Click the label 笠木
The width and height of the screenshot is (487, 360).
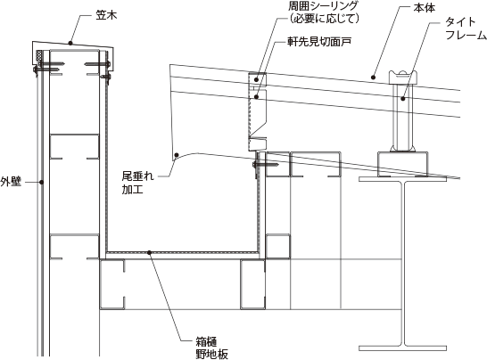pyautogui.click(x=106, y=15)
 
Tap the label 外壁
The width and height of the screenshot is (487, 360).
pyautogui.click(x=11, y=182)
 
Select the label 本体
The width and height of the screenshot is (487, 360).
pyautogui.click(x=424, y=8)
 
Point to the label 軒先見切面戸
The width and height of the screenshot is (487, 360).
pyautogui.click(x=319, y=42)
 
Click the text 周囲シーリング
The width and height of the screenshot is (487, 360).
pyautogui.click(x=322, y=6)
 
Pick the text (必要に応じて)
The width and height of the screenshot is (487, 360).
pyautogui.click(x=322, y=19)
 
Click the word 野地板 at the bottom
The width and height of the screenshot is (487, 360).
pyautogui.click(x=212, y=354)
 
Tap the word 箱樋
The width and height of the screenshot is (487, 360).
pyautogui.click(x=207, y=341)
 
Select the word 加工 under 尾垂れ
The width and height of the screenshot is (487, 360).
pyautogui.click(x=133, y=189)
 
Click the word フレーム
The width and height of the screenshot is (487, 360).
pyautogui.click(x=466, y=35)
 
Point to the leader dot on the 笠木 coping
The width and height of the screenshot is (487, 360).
pyautogui.click(x=70, y=43)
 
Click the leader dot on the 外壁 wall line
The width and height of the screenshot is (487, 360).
pyautogui.click(x=42, y=182)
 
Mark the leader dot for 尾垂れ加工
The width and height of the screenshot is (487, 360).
pyautogui.click(x=177, y=154)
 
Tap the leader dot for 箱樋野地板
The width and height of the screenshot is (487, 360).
pyautogui.click(x=149, y=252)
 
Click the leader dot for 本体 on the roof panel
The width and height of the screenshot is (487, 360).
pyautogui.click(x=374, y=77)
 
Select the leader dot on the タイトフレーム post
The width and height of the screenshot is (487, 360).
pyautogui.click(x=402, y=99)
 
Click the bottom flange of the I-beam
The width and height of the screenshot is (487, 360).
pyautogui.click(x=403, y=348)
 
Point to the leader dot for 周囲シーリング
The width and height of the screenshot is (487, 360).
pyautogui.click(x=256, y=79)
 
